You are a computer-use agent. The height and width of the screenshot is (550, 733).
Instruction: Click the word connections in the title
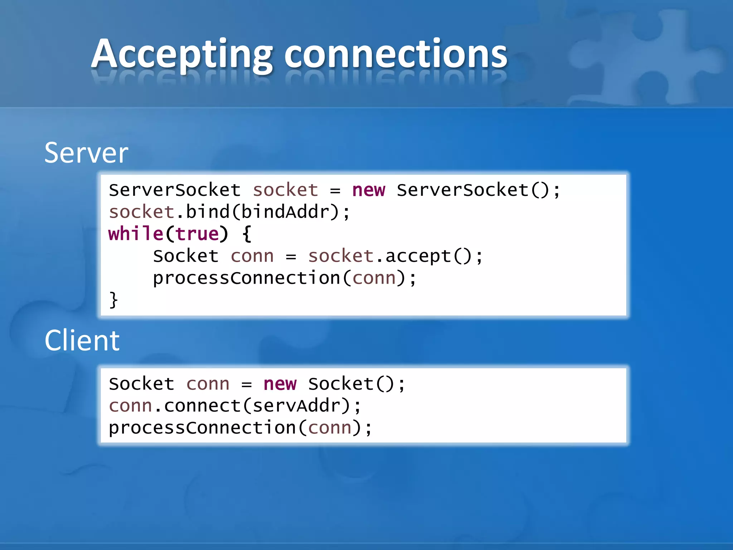[395, 54]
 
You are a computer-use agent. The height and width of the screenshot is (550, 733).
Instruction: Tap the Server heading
[86, 153]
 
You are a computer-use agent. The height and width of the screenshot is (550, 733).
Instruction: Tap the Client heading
[82, 341]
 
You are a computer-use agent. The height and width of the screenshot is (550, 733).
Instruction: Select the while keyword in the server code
[136, 234]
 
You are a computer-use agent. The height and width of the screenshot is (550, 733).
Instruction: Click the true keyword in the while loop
[197, 234]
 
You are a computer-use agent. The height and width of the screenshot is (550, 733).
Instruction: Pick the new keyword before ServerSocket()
[369, 190]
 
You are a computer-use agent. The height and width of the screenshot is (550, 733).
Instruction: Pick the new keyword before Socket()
[280, 384]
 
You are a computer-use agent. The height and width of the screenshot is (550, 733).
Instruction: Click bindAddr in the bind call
[285, 212]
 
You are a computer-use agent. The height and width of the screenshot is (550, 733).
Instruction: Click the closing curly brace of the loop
[113, 300]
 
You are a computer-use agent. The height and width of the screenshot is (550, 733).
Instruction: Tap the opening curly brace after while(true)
[247, 234]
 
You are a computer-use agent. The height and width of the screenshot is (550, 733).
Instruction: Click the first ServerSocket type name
[175, 190]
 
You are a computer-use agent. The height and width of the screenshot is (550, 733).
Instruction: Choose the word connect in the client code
[202, 406]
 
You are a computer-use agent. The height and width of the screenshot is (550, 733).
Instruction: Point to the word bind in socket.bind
[208, 212]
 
